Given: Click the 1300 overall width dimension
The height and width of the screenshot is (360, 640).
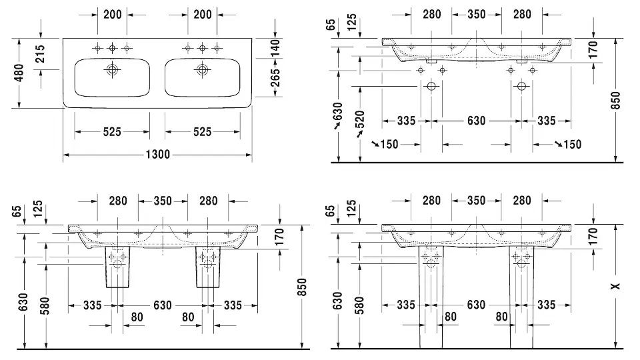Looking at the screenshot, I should pos(157,155).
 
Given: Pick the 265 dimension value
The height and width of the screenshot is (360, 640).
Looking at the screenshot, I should pos(275,77).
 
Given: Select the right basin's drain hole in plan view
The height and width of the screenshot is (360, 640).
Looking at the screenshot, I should pos(202,69).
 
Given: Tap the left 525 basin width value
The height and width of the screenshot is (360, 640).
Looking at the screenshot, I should pos(113,132).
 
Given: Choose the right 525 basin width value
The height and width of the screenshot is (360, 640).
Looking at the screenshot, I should pos(202,132).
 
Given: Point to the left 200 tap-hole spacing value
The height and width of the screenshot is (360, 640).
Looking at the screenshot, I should pos(113,14).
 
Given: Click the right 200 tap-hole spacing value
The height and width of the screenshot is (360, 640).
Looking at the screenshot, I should pos(202,14).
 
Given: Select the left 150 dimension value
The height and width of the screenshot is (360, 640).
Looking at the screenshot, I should pos(387,144).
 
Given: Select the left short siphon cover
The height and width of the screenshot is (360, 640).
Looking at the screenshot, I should pos(117,265).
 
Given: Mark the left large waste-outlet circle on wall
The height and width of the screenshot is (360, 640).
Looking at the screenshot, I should pos(431,87).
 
